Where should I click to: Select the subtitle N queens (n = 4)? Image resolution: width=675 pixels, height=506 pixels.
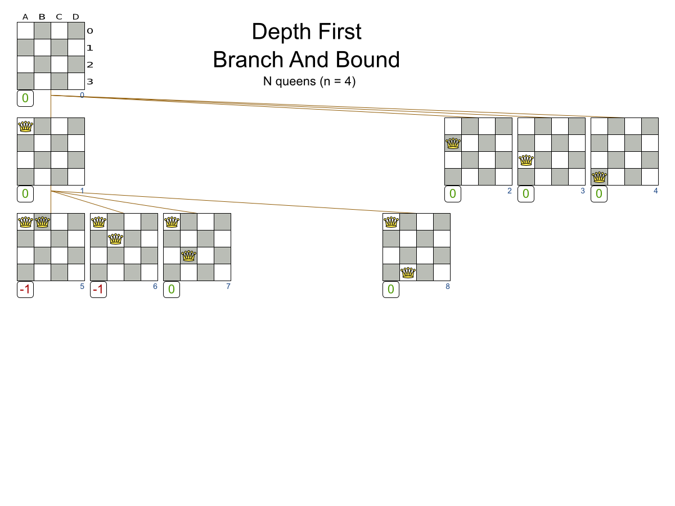click(x=309, y=81)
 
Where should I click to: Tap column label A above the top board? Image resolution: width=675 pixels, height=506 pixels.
click(x=25, y=16)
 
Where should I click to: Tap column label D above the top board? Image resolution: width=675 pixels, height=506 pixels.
click(x=76, y=16)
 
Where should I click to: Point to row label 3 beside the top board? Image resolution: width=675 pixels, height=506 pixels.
click(x=89, y=82)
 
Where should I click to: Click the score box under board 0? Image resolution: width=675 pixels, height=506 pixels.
click(x=25, y=98)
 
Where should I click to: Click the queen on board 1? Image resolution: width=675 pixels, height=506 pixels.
click(x=25, y=126)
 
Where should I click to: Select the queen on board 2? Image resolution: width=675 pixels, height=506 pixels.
click(x=453, y=143)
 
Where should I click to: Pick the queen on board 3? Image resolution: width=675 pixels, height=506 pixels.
click(x=526, y=160)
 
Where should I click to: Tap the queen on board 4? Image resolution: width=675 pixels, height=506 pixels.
click(x=599, y=177)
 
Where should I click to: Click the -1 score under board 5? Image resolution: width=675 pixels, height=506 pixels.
click(x=25, y=290)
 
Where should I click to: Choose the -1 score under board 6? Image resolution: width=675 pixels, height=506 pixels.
click(x=98, y=290)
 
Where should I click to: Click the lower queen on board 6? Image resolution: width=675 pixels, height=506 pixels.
click(x=115, y=239)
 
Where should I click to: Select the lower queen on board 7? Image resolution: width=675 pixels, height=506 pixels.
click(x=188, y=256)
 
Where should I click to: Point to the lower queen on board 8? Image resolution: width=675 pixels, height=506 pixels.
click(x=408, y=273)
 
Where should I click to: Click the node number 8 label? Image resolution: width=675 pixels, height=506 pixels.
click(x=447, y=286)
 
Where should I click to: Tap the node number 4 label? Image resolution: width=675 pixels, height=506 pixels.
click(x=655, y=191)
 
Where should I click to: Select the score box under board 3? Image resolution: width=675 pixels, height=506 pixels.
click(x=526, y=194)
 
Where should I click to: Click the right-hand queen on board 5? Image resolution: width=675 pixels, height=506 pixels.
click(x=42, y=222)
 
